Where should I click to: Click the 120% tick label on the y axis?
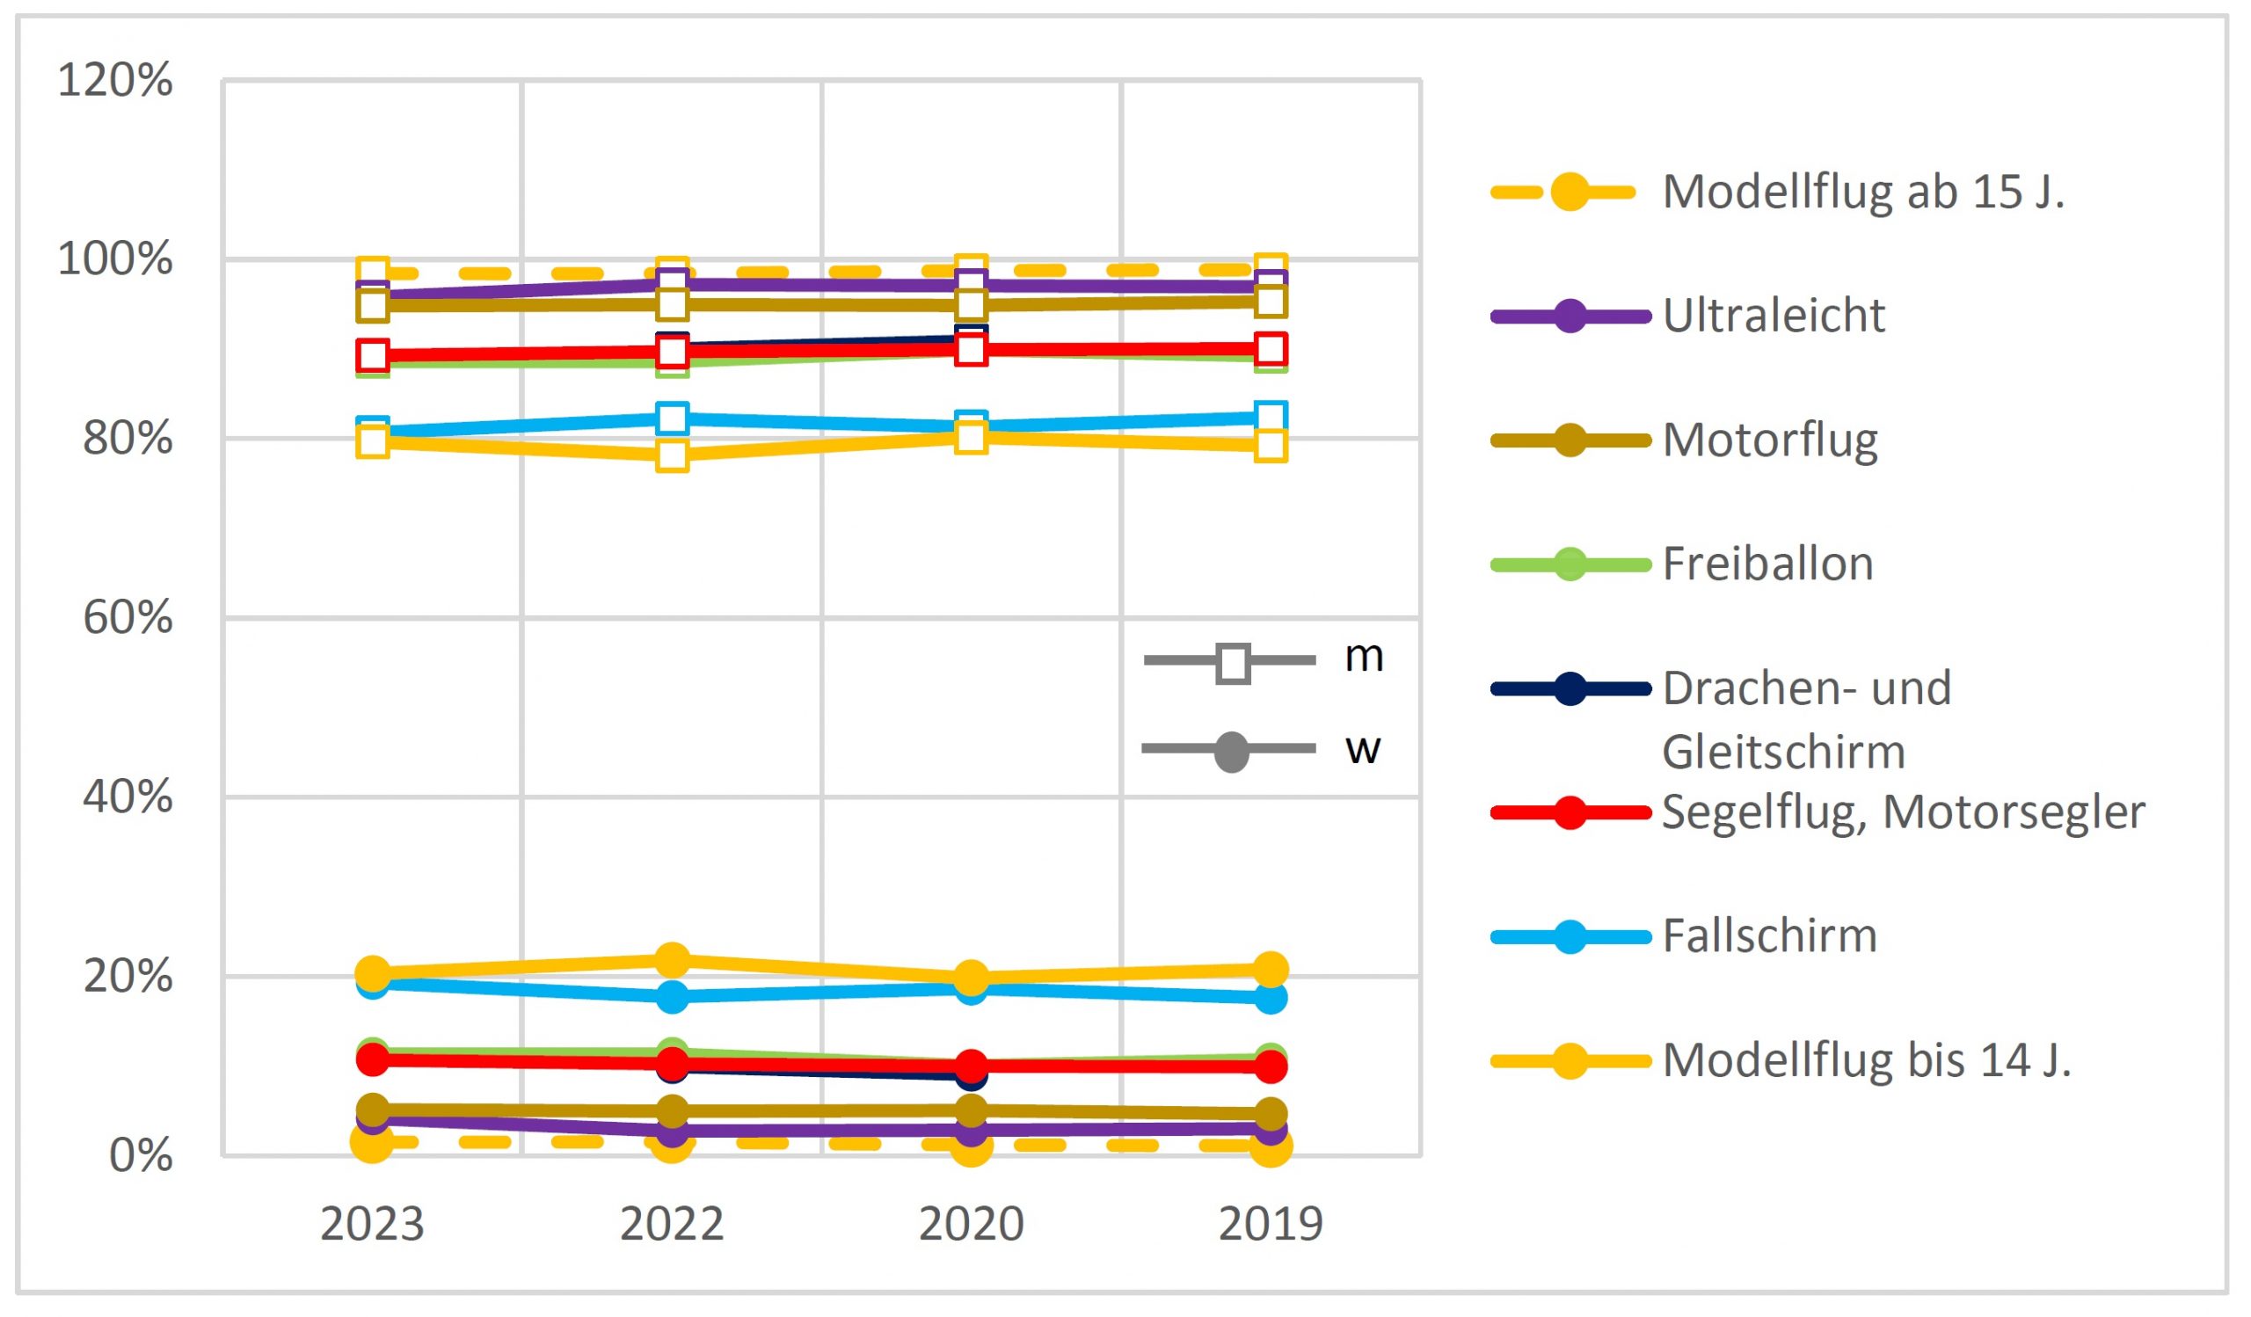click(x=114, y=80)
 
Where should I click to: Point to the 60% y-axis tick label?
click(x=127, y=618)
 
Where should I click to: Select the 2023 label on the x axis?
click(x=372, y=1224)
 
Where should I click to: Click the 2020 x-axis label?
click(x=971, y=1224)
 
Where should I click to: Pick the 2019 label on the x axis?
click(x=1271, y=1224)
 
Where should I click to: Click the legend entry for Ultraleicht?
click(x=1774, y=317)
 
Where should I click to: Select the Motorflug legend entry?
click(x=1769, y=440)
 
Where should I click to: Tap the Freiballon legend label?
click(x=1767, y=564)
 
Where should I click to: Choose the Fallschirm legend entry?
click(x=1768, y=936)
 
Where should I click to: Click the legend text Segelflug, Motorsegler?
click(x=1903, y=812)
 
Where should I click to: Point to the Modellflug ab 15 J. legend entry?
click(x=1863, y=192)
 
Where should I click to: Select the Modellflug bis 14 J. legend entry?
click(x=1866, y=1061)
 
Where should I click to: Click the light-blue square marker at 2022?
click(x=672, y=418)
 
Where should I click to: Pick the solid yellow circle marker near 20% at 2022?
click(x=672, y=961)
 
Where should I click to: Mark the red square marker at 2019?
click(x=1271, y=349)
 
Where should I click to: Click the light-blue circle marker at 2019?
click(x=1271, y=998)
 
